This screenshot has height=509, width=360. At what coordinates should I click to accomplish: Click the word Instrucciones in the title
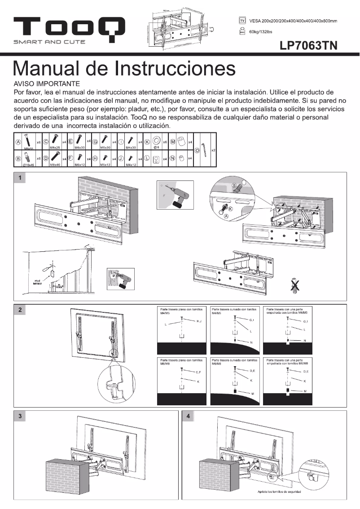[176, 69]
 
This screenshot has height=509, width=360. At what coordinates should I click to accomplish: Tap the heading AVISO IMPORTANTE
[47, 84]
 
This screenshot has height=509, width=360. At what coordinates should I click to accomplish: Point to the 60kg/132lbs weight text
[260, 31]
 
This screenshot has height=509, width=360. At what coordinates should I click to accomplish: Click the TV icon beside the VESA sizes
[242, 21]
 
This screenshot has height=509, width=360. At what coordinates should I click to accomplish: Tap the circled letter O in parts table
[197, 150]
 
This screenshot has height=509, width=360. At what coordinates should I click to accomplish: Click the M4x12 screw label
[131, 165]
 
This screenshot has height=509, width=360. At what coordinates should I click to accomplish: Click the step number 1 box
[20, 178]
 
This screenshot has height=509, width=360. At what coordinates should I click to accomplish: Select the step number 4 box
[188, 417]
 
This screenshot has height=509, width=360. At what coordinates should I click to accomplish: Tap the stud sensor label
[38, 282]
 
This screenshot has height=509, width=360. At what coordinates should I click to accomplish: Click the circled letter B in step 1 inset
[234, 185]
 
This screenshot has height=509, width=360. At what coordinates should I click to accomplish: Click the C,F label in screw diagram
[199, 372]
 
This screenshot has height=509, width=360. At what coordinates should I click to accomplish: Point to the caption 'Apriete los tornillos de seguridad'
[279, 492]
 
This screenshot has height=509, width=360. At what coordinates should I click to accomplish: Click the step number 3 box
[20, 417]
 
